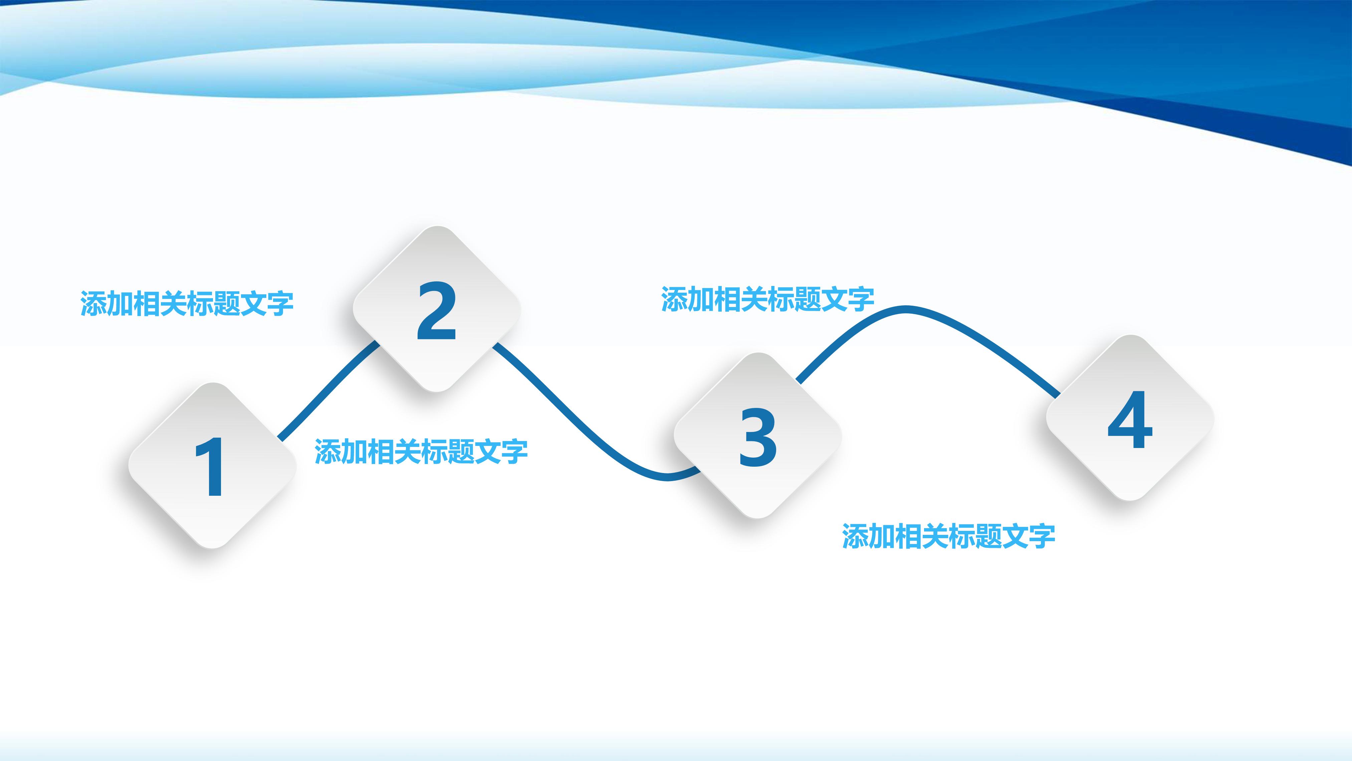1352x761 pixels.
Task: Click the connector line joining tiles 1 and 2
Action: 328,391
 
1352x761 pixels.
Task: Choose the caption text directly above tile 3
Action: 767,299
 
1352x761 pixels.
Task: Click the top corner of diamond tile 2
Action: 437,227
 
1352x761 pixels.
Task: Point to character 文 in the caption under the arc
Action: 1016,536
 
